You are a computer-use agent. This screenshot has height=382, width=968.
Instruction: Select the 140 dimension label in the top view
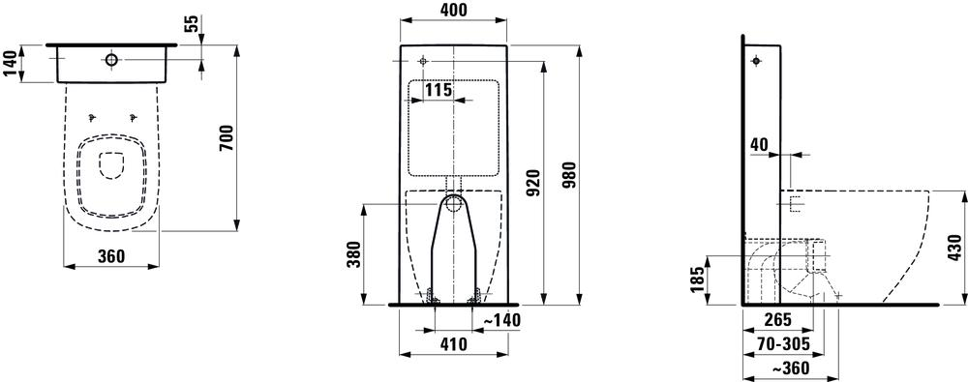[x=11, y=64]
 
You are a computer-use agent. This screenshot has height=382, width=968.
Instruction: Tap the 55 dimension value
[x=192, y=23]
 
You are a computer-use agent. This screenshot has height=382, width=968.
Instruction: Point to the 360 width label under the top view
[x=111, y=256]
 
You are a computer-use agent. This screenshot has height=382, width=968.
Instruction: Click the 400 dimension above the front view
[x=454, y=10]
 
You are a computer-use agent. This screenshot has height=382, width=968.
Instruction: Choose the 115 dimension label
[x=439, y=90]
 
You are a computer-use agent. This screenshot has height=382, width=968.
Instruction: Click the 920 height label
[x=533, y=182]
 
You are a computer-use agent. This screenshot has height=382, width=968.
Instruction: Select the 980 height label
[x=569, y=176]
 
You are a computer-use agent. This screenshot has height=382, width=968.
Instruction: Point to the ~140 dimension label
[x=500, y=320]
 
